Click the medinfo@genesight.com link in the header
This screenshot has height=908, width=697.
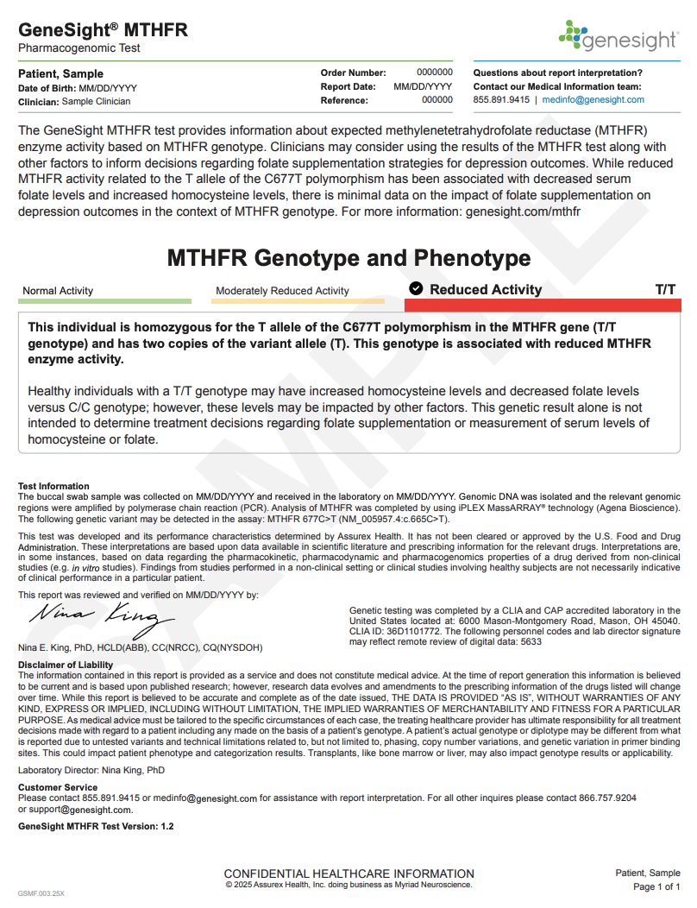[593, 100]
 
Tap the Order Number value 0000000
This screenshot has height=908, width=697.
[435, 73]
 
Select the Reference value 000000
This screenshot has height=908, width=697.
[436, 100]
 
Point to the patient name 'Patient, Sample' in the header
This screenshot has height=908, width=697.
[60, 74]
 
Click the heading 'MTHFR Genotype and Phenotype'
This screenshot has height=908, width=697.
[348, 258]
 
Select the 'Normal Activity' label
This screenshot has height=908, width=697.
[58, 291]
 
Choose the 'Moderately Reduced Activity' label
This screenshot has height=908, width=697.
[282, 291]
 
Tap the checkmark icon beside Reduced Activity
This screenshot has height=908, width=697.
[416, 289]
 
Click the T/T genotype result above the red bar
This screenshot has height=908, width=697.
[665, 290]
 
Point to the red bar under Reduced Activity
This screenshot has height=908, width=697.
[543, 306]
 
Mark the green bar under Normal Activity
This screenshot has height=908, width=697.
[104, 301]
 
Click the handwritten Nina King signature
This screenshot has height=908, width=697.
[94, 618]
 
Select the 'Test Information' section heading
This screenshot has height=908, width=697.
[53, 486]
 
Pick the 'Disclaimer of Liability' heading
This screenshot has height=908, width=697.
[66, 665]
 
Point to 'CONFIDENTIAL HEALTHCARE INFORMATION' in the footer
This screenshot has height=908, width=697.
[348, 873]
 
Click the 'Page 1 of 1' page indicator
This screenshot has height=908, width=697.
[656, 887]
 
